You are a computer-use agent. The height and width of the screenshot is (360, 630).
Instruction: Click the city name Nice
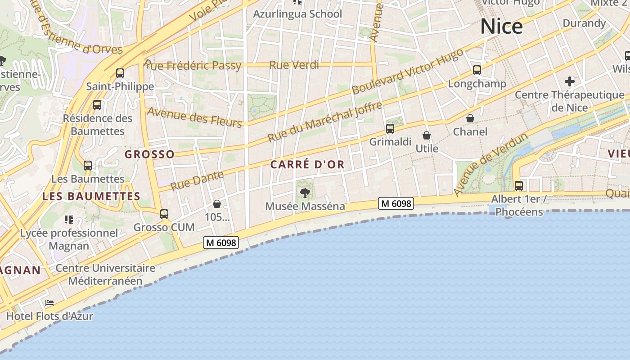[x=501, y=27]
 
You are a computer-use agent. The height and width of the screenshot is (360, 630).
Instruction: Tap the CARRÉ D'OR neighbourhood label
[x=307, y=165]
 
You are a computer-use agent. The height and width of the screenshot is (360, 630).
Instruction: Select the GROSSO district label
[x=149, y=154]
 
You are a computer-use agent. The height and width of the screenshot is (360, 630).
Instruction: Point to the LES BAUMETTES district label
[x=91, y=196]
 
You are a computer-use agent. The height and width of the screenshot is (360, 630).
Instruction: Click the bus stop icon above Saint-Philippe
[x=120, y=73]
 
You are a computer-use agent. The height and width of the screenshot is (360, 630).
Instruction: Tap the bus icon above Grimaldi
[x=390, y=129]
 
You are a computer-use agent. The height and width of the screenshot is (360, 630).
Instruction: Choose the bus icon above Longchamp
[x=477, y=70]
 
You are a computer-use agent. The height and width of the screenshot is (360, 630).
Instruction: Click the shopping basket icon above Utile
[x=427, y=135]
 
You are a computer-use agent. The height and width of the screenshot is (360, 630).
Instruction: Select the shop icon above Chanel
[x=470, y=118]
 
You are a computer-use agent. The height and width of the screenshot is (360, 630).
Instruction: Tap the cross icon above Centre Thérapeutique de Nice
[x=570, y=81]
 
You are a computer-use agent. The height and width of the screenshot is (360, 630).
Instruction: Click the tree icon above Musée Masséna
[x=305, y=193]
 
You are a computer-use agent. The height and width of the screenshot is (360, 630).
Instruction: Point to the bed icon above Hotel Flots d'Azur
[x=49, y=303]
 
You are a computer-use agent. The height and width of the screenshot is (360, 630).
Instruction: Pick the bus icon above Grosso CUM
[x=164, y=214]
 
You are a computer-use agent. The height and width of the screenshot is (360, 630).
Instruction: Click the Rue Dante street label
[x=197, y=180]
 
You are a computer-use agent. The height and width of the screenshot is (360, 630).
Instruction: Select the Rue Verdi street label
[x=294, y=65]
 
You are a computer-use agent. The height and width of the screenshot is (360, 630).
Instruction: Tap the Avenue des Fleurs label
[x=195, y=117]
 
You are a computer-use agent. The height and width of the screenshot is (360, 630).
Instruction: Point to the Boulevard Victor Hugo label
[x=407, y=72]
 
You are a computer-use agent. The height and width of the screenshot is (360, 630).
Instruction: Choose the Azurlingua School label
[x=297, y=14]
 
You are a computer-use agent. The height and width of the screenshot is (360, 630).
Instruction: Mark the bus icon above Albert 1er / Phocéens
[x=519, y=185]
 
